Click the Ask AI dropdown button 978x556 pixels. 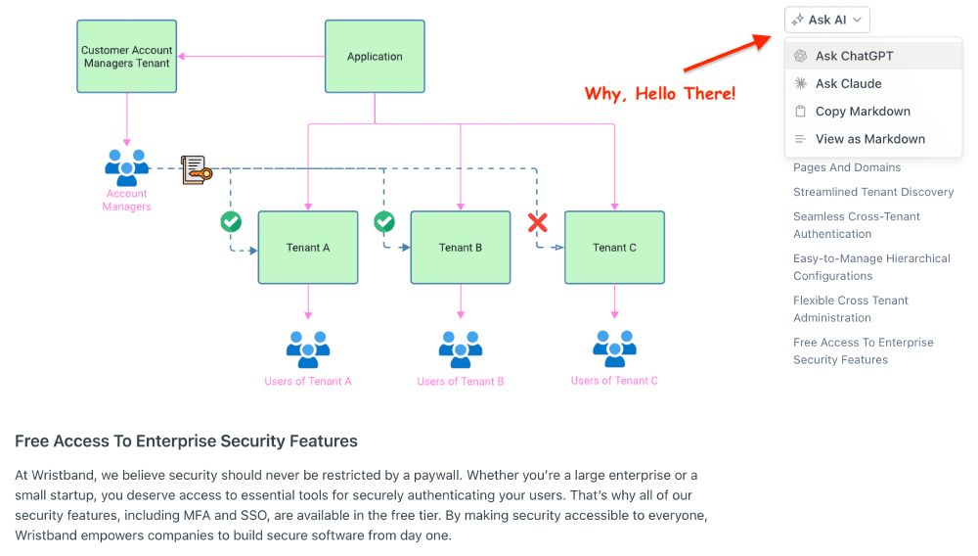(826, 20)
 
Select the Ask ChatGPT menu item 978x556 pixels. (854, 56)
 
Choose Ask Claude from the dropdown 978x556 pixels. (848, 84)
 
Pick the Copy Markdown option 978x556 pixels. (862, 112)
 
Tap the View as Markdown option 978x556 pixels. (869, 139)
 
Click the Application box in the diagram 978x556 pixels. (375, 57)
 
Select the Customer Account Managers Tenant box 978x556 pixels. (126, 57)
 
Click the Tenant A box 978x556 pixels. (308, 248)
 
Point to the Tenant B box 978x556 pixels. (460, 248)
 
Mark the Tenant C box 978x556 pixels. (614, 248)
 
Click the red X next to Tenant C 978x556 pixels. (537, 222)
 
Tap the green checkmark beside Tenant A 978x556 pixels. (231, 222)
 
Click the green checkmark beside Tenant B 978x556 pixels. (384, 222)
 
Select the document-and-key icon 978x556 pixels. (196, 169)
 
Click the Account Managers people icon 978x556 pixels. (126, 168)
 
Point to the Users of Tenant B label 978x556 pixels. (460, 381)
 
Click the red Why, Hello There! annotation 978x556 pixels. (660, 94)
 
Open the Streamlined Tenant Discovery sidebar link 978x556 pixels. (872, 192)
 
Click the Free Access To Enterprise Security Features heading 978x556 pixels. (186, 441)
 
